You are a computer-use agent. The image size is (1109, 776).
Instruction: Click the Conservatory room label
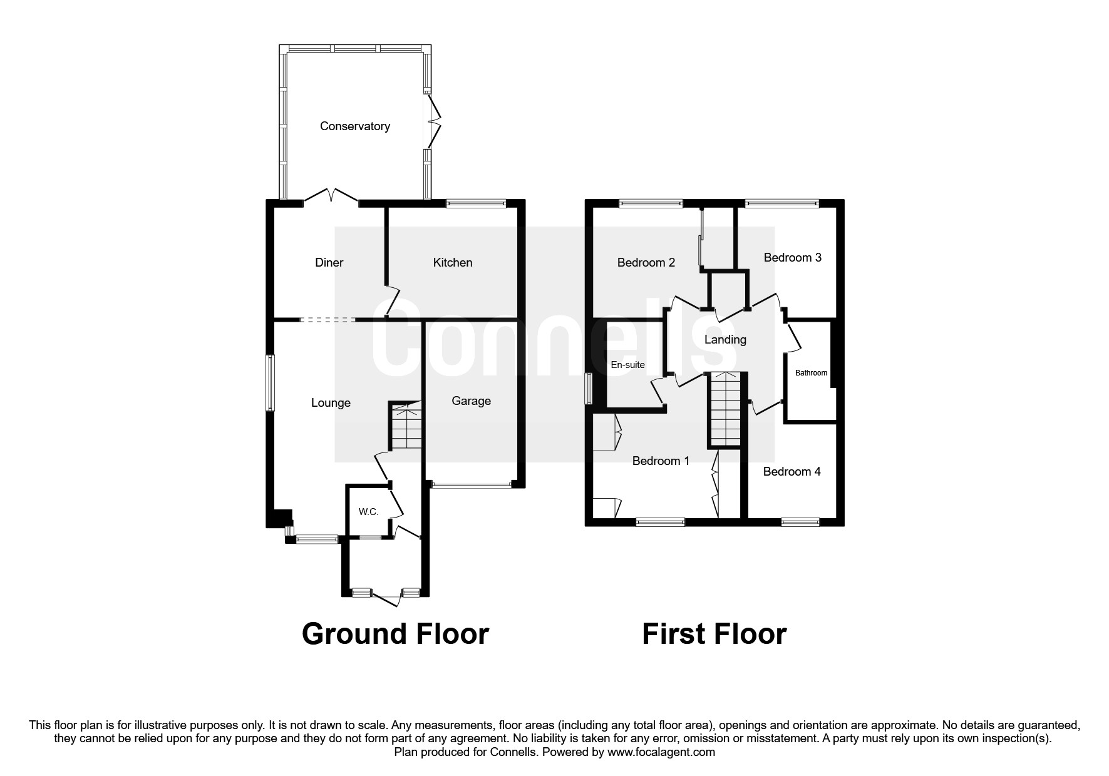point(354,126)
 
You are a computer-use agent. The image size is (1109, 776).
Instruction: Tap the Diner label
point(329,263)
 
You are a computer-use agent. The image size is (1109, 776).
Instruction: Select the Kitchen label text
point(452,263)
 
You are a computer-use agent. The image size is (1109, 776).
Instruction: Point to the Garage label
point(471,401)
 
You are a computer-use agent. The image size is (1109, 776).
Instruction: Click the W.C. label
point(368,512)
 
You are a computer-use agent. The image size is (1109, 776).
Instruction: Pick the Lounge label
point(331,403)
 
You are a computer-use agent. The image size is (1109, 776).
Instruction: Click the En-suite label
point(627,365)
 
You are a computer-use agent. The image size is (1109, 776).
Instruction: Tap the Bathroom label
point(811,373)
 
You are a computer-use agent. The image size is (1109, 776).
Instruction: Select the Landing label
point(725,340)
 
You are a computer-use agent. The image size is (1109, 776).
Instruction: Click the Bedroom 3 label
point(792,258)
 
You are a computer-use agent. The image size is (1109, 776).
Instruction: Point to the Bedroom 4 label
point(792,472)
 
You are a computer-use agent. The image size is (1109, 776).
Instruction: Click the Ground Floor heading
point(395,634)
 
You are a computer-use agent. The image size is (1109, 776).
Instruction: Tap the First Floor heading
point(714,634)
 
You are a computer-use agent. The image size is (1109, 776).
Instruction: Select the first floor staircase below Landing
point(725,410)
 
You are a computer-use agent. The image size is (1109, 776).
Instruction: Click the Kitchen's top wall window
point(476,203)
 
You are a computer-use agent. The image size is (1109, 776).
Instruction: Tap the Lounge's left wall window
point(271,383)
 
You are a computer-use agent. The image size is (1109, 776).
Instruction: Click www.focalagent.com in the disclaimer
point(661,752)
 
